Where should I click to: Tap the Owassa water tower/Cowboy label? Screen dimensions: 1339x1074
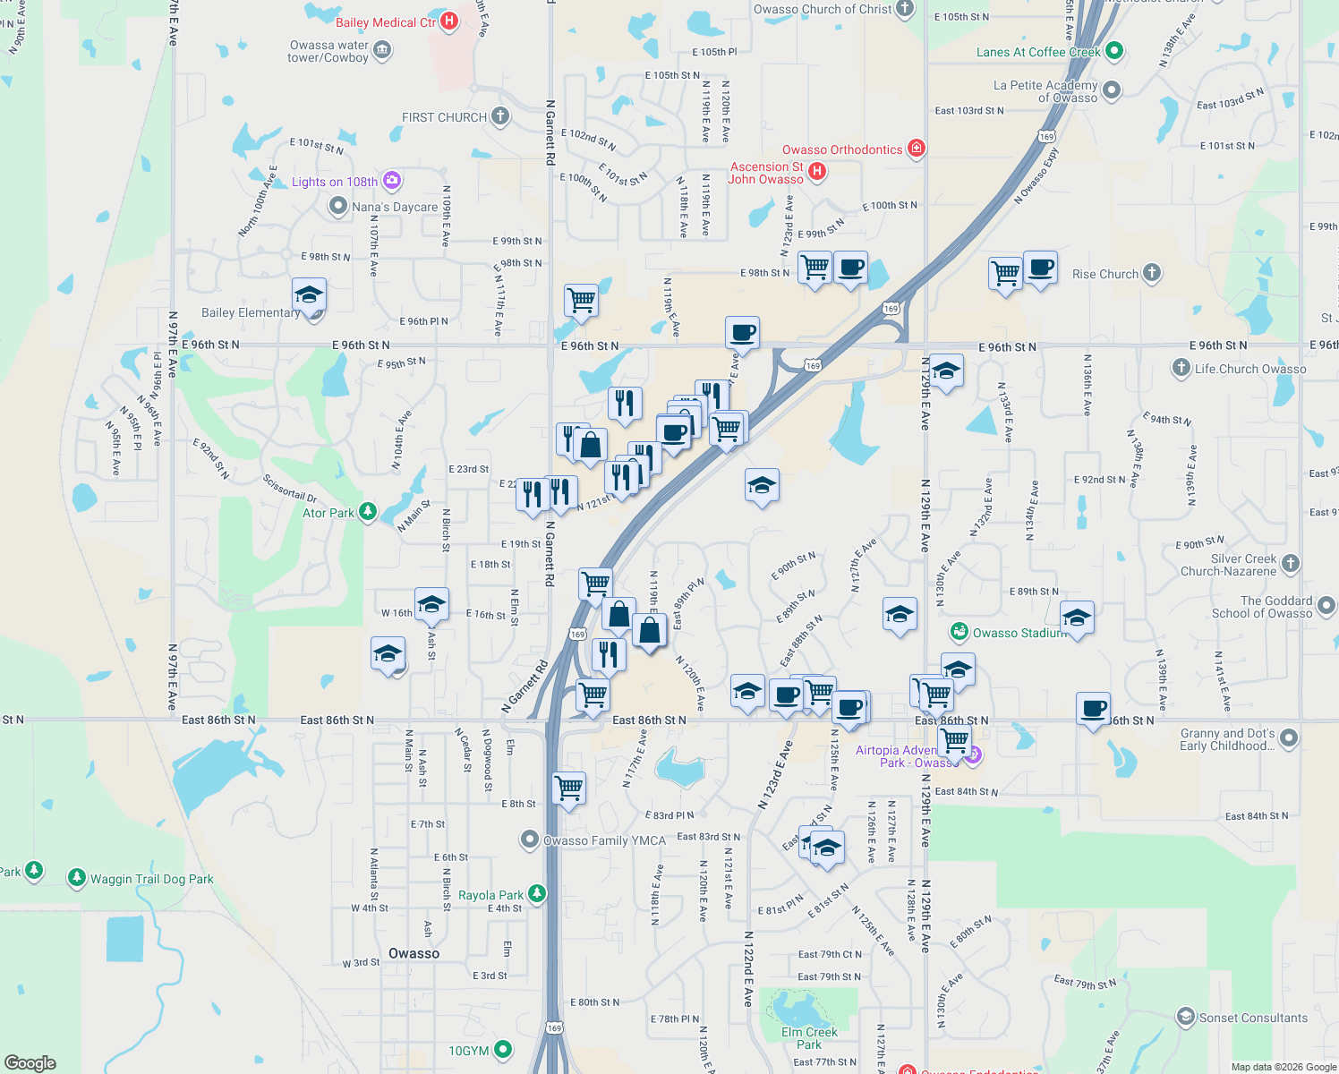click(328, 51)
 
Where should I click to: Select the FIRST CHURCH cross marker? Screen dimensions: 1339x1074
click(500, 116)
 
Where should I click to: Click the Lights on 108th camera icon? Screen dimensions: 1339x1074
click(391, 181)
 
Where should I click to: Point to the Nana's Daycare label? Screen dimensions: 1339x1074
click(395, 207)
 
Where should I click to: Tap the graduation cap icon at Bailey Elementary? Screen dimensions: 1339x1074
click(309, 294)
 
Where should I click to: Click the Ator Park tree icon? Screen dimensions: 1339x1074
click(368, 512)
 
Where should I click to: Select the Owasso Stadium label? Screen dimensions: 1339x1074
click(1020, 633)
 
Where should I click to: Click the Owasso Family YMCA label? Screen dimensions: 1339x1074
click(605, 840)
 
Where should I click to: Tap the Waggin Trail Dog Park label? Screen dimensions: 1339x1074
click(152, 879)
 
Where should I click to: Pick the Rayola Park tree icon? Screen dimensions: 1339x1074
click(537, 893)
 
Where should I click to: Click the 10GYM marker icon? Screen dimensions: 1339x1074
click(503, 1050)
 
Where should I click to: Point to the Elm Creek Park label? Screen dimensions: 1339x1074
click(809, 1038)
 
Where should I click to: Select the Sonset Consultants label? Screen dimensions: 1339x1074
click(1253, 1018)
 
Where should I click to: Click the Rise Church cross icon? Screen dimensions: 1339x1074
click(1152, 273)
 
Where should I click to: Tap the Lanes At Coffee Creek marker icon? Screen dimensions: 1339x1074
click(1114, 51)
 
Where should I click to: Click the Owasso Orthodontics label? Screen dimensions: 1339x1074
click(842, 149)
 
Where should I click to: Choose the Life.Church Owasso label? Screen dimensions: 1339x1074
click(1250, 369)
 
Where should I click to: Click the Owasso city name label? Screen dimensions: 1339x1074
click(414, 953)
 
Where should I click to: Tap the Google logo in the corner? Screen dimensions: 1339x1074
click(30, 1062)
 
